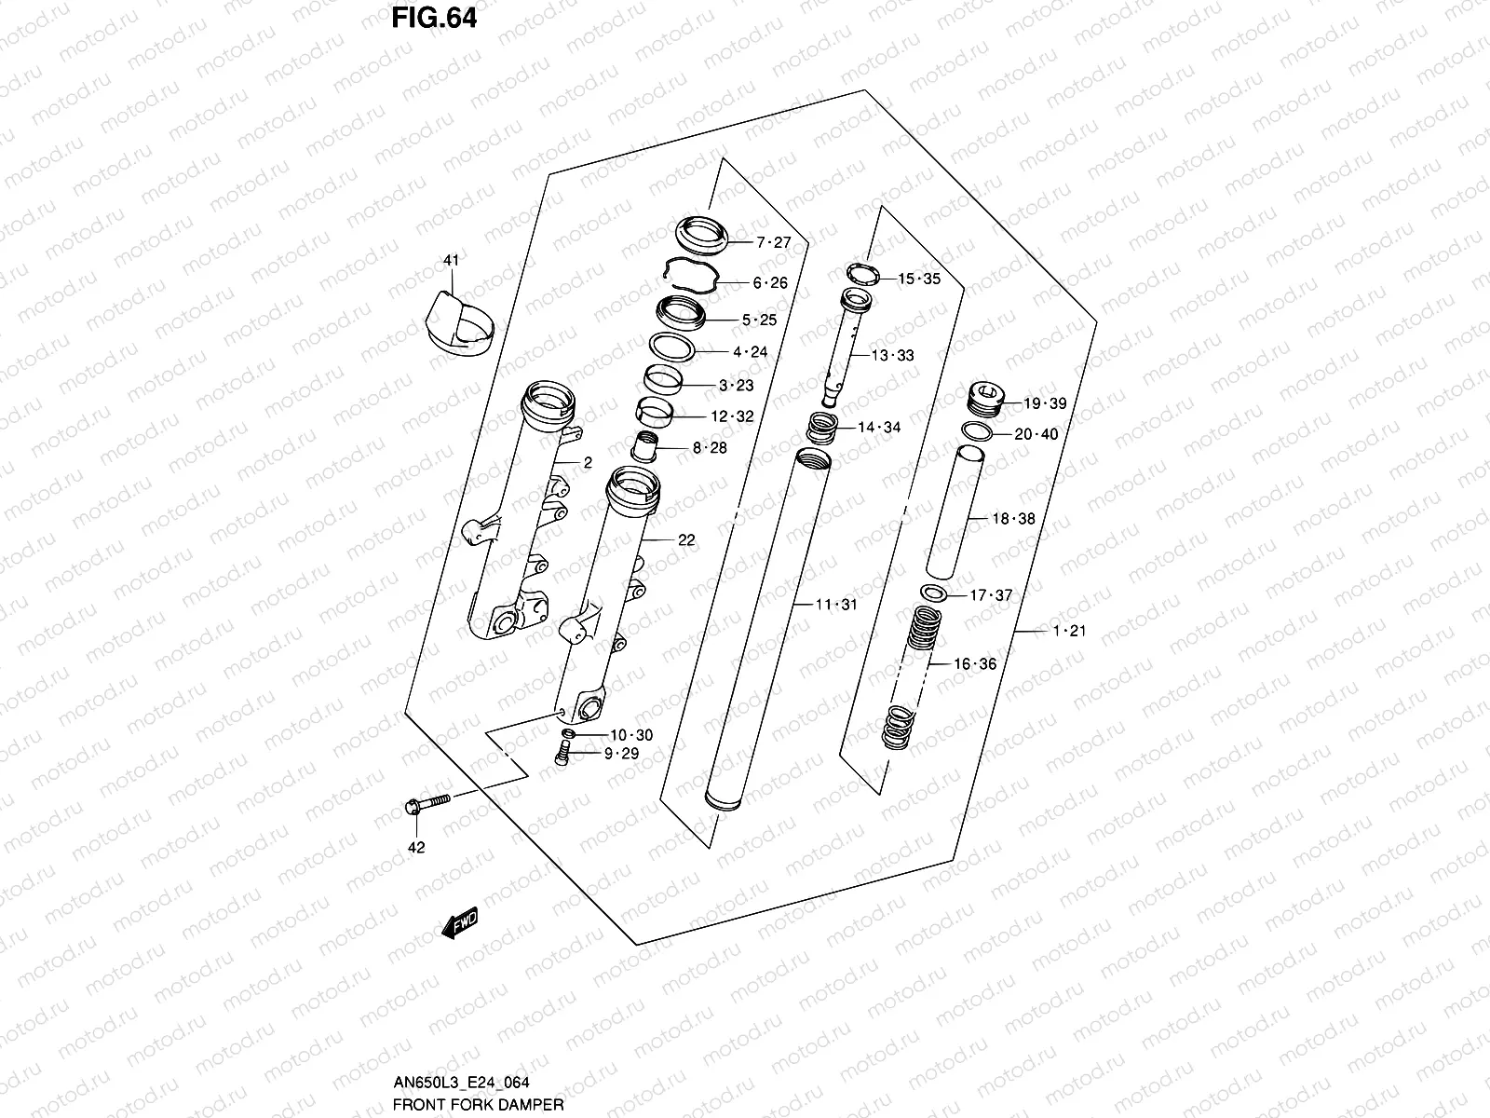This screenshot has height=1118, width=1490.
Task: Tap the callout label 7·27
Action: click(x=773, y=242)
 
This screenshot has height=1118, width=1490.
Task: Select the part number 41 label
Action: click(x=451, y=261)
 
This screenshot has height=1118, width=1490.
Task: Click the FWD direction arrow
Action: click(x=460, y=922)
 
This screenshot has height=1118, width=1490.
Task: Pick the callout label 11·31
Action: click(x=836, y=605)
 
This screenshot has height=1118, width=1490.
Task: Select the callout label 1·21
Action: click(x=1069, y=631)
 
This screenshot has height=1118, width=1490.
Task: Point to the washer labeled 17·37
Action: click(x=934, y=593)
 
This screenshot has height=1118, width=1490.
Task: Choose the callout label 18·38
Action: click(x=1013, y=519)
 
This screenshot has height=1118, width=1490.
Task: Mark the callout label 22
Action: click(x=686, y=539)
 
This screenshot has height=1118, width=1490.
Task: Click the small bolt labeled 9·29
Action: click(x=562, y=756)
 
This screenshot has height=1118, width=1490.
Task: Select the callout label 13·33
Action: click(x=892, y=355)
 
